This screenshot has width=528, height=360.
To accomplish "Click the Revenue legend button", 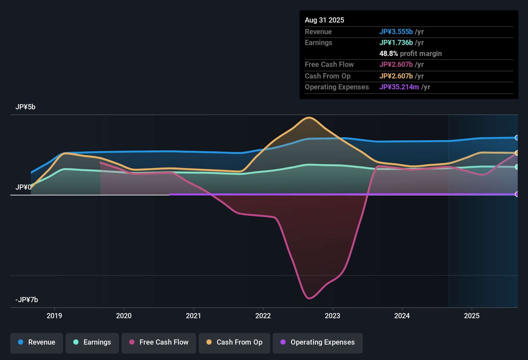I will click(37, 343).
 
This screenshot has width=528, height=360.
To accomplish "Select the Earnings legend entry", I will click(92, 343).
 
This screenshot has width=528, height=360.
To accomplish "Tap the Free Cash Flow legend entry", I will click(159, 343).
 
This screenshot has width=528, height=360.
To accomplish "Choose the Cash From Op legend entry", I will click(234, 343).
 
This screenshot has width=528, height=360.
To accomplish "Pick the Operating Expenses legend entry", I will click(318, 343).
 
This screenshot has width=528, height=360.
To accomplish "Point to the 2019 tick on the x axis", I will click(54, 316).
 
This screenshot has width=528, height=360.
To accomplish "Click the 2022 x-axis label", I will click(263, 316).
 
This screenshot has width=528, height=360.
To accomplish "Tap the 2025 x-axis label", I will click(472, 316).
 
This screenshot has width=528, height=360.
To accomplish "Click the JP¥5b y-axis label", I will click(25, 107).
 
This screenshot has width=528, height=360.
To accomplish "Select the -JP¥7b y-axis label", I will click(27, 300).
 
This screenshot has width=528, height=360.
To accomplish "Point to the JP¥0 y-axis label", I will click(23, 187).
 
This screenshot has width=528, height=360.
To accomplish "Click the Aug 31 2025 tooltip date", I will click(324, 20).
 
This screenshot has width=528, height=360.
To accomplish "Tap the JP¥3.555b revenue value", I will click(396, 32).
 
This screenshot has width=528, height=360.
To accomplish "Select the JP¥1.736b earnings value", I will click(396, 42).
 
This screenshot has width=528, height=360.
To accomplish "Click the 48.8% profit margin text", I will click(410, 54).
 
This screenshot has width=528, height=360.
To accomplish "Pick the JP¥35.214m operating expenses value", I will click(399, 87).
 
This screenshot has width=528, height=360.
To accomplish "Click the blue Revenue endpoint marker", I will click(517, 138).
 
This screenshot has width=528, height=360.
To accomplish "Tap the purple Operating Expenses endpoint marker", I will click(517, 194).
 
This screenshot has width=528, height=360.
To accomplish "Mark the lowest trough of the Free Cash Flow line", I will click(309, 298).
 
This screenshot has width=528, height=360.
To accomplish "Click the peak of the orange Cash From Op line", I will click(309, 118).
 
